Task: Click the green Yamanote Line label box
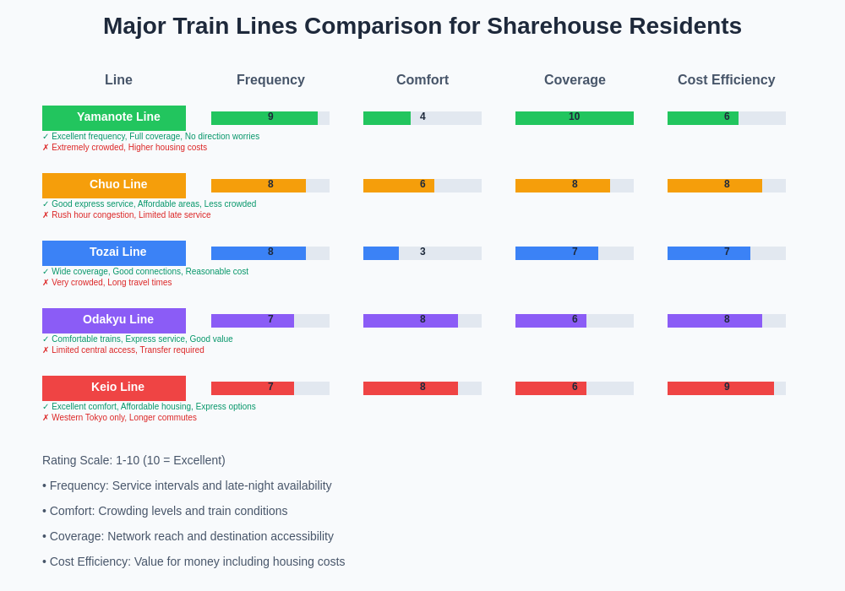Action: [x=114, y=117]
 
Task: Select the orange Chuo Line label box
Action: [x=114, y=185]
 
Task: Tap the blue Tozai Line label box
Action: [x=114, y=252]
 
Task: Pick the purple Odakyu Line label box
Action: [x=114, y=320]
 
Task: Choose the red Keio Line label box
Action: [x=114, y=388]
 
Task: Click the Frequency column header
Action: [x=270, y=80]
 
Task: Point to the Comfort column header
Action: [x=422, y=80]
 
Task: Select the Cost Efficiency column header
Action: [x=726, y=80]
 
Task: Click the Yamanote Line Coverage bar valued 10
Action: [x=575, y=118]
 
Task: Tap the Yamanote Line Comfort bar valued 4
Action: [x=387, y=118]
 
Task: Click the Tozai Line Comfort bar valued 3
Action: [x=381, y=253]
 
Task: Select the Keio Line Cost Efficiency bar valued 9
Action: [x=720, y=388]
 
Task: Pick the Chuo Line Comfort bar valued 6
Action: [x=399, y=186]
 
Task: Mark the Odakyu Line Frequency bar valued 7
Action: [x=253, y=321]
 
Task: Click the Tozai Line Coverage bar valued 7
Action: [x=557, y=253]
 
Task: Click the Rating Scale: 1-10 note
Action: [x=134, y=460]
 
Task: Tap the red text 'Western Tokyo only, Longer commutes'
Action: [x=123, y=417]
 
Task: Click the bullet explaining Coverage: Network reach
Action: [x=188, y=536]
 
